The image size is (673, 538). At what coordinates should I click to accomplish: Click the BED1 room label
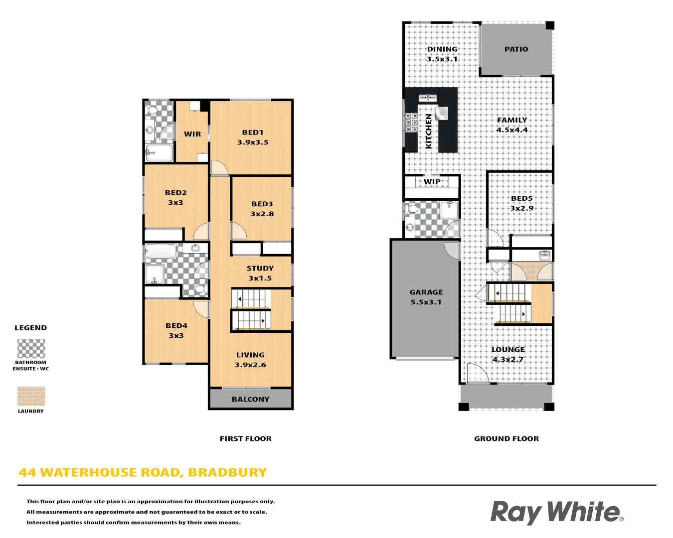pos(252,133)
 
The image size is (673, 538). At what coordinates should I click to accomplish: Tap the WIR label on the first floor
pos(192,134)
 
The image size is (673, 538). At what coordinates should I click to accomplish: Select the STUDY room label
pos(260,269)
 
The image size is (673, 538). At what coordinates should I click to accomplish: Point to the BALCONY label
pos(250,400)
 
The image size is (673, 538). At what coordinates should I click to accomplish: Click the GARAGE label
pos(426,292)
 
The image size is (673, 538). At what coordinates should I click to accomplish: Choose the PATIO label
pos(516,49)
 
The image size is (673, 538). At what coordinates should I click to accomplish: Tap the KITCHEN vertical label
pos(429,131)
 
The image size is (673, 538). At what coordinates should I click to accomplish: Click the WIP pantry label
pos(432,182)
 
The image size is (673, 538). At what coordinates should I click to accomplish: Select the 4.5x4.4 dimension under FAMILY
pos(511,130)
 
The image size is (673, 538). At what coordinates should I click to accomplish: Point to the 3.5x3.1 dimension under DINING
pos(442,59)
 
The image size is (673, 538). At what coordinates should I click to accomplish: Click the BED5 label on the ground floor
pos(521,198)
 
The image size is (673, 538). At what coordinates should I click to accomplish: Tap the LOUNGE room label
pos(508,350)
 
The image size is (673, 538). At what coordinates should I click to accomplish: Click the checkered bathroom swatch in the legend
pos(31,348)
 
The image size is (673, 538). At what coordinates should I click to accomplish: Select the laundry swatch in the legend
pos(31,397)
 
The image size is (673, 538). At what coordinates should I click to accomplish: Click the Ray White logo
pos(556,513)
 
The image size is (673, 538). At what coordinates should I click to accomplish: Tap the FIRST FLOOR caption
pos(246,439)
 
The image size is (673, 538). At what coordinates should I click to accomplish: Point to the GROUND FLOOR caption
pos(506,439)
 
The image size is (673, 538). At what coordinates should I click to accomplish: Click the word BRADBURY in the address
pos(227,472)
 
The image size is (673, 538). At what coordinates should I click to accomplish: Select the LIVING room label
pos(250,355)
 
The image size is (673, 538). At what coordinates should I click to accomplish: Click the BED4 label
pos(176,326)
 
